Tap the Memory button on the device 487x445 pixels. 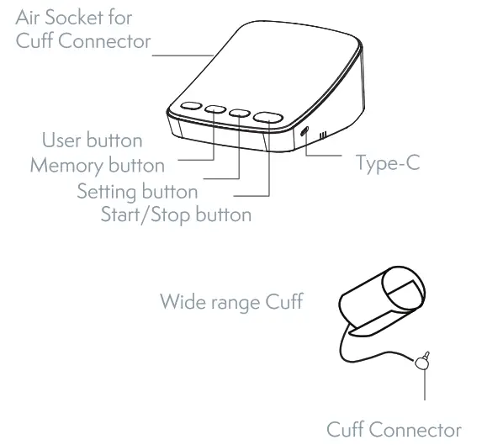[x=216, y=110]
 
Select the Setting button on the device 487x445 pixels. [x=240, y=113]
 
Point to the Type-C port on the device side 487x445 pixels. [x=304, y=131]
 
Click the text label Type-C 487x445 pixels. [x=388, y=162]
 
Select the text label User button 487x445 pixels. [x=93, y=140]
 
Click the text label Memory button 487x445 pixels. [x=97, y=164]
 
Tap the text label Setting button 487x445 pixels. [x=137, y=191]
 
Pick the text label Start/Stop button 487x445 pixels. [x=176, y=214]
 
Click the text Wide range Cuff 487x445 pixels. [x=232, y=302]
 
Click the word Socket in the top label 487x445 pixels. [x=81, y=17]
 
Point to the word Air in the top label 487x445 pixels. [x=31, y=17]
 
